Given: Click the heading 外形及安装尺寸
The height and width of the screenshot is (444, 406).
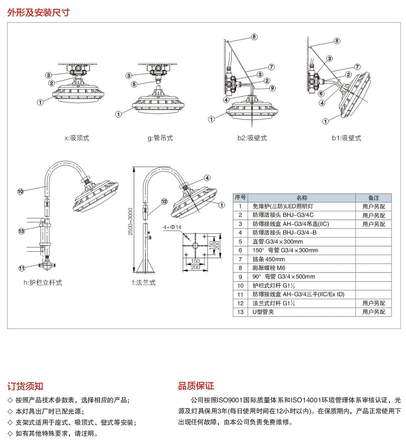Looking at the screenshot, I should click(38, 12).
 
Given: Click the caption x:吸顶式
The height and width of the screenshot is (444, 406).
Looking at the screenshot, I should click(77, 138).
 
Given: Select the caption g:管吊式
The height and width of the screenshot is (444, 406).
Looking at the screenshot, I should click(160, 138).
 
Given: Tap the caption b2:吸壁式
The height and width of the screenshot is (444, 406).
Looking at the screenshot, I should click(252, 138).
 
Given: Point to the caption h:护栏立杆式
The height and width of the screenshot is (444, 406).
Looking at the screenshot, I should click(43, 283).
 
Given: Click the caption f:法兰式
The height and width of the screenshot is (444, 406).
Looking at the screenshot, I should click(144, 283).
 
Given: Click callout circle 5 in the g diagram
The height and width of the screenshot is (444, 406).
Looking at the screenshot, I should click(134, 84).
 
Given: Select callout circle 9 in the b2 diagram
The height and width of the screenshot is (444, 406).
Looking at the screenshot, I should click(272, 88).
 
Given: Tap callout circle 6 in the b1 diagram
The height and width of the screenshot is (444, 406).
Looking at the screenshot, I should click(321, 93).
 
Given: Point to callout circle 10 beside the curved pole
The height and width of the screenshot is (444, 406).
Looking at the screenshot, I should click(20, 191).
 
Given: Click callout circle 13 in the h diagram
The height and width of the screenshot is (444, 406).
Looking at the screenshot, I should click(21, 231).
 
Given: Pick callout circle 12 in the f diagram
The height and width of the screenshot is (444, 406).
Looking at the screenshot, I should click(164, 202).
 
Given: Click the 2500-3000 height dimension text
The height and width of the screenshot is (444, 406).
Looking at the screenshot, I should click(131, 221).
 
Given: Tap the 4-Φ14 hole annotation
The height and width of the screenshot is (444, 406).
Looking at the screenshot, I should click(172, 227).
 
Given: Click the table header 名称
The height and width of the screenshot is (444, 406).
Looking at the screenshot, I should click(302, 198).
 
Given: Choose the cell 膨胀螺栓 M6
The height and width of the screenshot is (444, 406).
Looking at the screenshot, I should click(269, 268).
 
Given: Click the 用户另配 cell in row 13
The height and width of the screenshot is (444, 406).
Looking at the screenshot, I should click(374, 312).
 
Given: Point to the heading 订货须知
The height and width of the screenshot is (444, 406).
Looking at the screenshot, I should click(25, 386).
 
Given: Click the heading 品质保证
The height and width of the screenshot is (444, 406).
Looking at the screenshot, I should click(196, 386).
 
